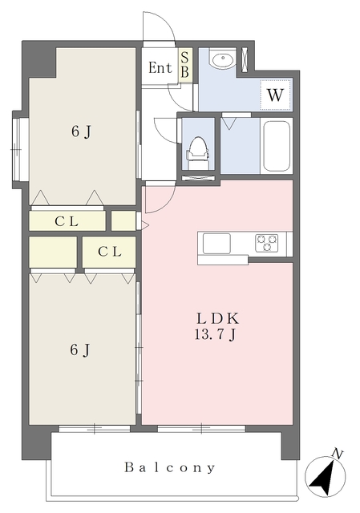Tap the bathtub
tap(277, 146)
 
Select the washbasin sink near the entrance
tap(223, 59)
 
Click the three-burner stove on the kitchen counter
tap(267, 243)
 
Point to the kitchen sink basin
tap(216, 244)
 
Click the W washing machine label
tap(275, 95)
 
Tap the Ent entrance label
tap(160, 67)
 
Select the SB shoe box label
tap(184, 65)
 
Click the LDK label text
tap(217, 318)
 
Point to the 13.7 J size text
tap(216, 335)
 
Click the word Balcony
tap(169, 467)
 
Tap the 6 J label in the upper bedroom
tap(81, 131)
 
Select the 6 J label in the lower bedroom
tap(79, 350)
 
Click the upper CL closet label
tap(67, 221)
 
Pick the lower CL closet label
tap(110, 252)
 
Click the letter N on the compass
tap(337, 454)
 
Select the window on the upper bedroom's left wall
tap(16, 149)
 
